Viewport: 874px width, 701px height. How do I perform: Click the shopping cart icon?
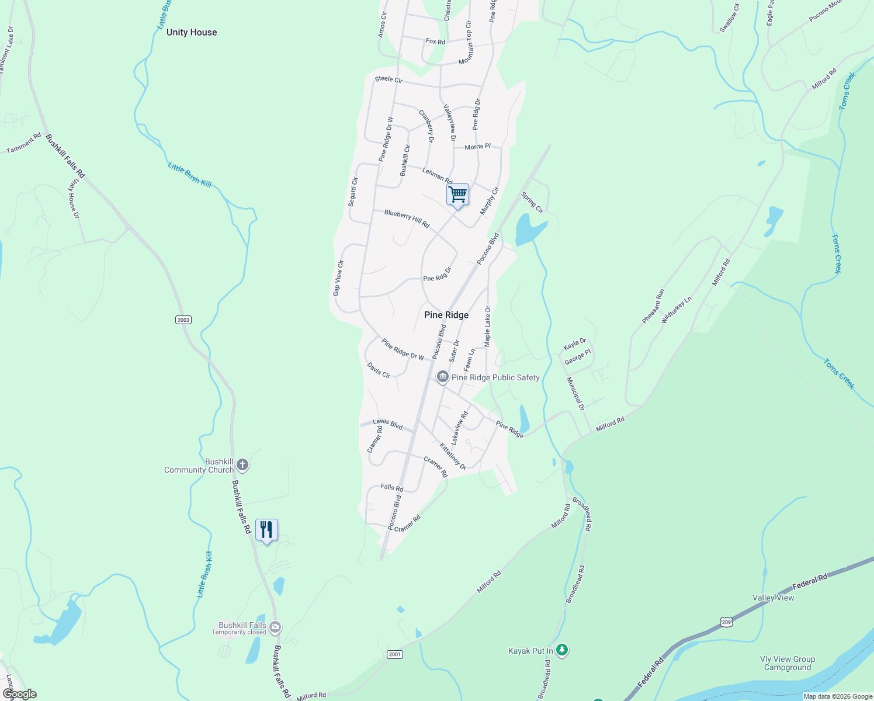coord(458,195)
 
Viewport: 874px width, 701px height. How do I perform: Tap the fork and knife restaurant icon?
coord(266,530)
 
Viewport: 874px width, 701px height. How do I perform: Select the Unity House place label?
coord(192,32)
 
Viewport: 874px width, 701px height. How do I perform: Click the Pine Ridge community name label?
coord(446,315)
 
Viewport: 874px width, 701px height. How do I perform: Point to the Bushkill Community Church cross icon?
coord(243,466)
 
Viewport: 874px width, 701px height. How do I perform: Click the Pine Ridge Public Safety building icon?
coord(443,377)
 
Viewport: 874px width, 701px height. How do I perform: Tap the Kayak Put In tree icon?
coord(562,650)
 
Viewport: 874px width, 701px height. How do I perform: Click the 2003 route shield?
coord(183,320)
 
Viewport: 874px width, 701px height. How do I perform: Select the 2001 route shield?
coord(395,654)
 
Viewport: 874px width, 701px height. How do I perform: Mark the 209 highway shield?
coord(726,622)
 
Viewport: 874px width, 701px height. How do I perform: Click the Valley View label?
coord(773,598)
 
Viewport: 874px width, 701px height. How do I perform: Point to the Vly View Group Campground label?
coord(788,663)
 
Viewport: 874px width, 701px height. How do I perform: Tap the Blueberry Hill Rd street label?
coord(407,218)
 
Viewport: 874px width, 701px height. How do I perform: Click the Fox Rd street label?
coord(435,41)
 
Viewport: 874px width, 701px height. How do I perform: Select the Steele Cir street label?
coord(389,79)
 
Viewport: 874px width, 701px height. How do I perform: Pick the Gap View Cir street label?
coord(338,278)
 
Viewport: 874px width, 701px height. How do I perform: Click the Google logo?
coord(20,694)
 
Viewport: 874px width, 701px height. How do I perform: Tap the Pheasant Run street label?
coord(653,306)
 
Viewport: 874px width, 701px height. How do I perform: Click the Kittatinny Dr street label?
coord(453,457)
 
